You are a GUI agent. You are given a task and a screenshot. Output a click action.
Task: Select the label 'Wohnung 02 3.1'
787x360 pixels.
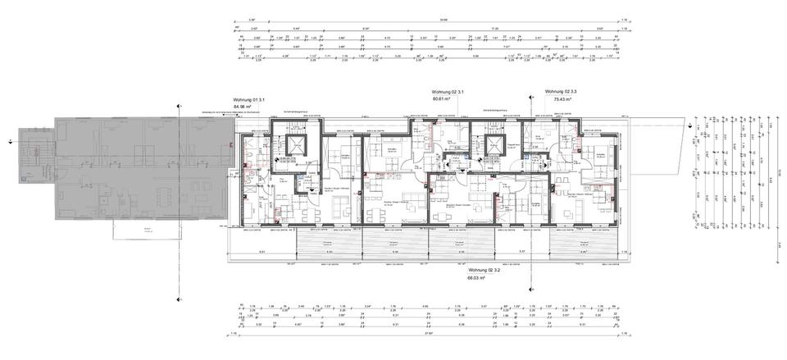(x=448, y=92)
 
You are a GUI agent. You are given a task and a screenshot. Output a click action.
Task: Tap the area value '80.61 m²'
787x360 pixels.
(x=447, y=98)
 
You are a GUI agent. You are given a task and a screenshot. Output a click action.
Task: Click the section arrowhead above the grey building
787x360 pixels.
(x=178, y=106)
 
